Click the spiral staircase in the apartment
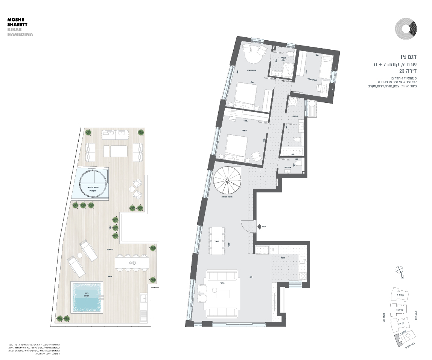tap(227, 181)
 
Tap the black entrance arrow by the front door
tap(260, 226)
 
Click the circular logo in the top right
tap(406, 29)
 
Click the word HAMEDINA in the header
tap(20, 34)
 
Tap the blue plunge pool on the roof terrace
tap(87, 297)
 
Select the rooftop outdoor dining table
tap(132, 262)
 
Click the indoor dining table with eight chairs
tap(217, 240)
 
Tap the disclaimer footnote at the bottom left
tap(34, 349)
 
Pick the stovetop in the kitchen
tap(303, 276)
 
